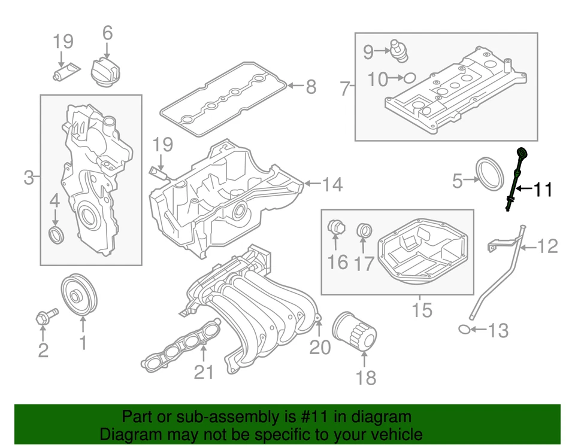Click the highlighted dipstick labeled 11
(516, 179)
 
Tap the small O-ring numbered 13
(464, 329)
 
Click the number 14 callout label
(331, 185)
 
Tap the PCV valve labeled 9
(398, 50)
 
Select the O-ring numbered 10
(409, 78)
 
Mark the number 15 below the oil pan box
(422, 310)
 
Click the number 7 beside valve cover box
(344, 89)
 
